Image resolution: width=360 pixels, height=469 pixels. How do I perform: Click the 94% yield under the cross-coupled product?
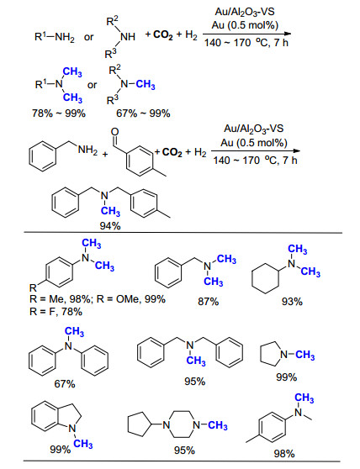coord(110,226)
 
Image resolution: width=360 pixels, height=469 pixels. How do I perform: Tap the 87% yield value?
coord(208,302)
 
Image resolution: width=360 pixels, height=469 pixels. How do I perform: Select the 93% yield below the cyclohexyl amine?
coord(292,302)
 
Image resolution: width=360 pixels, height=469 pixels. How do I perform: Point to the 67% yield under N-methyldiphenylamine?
coord(65,384)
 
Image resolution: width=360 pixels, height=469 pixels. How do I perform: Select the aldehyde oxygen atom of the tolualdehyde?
coord(114,131)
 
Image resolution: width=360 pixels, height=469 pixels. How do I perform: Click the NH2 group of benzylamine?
coord(87,150)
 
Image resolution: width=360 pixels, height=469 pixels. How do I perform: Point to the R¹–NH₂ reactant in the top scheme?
coord(55,37)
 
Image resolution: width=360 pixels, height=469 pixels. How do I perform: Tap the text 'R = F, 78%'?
coord(56,312)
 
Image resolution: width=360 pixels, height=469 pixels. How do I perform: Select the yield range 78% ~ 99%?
coord(59,113)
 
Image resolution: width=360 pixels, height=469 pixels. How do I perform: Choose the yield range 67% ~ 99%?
coord(143,113)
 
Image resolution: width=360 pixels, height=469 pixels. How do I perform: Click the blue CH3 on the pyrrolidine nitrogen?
coord(305,355)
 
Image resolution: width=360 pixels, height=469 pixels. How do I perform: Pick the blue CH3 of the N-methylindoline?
coord(83,444)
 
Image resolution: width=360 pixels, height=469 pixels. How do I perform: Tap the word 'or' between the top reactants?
coord(88,37)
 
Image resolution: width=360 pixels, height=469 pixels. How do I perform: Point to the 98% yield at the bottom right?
coord(284,454)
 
